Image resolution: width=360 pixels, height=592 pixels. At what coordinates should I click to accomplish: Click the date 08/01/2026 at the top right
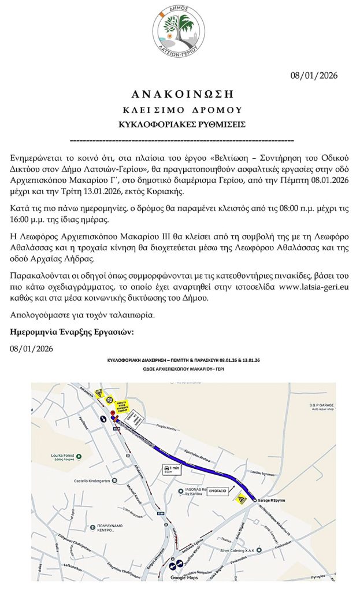pyautogui.click(x=313, y=76)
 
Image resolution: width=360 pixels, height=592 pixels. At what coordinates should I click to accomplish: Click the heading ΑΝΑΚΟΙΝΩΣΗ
pyautogui.click(x=179, y=94)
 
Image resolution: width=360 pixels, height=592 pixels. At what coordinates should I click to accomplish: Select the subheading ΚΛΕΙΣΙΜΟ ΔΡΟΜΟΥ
pyautogui.click(x=179, y=109)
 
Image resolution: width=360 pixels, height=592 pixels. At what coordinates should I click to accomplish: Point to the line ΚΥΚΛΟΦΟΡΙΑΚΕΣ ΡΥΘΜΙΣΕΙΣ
pyautogui.click(x=179, y=124)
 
